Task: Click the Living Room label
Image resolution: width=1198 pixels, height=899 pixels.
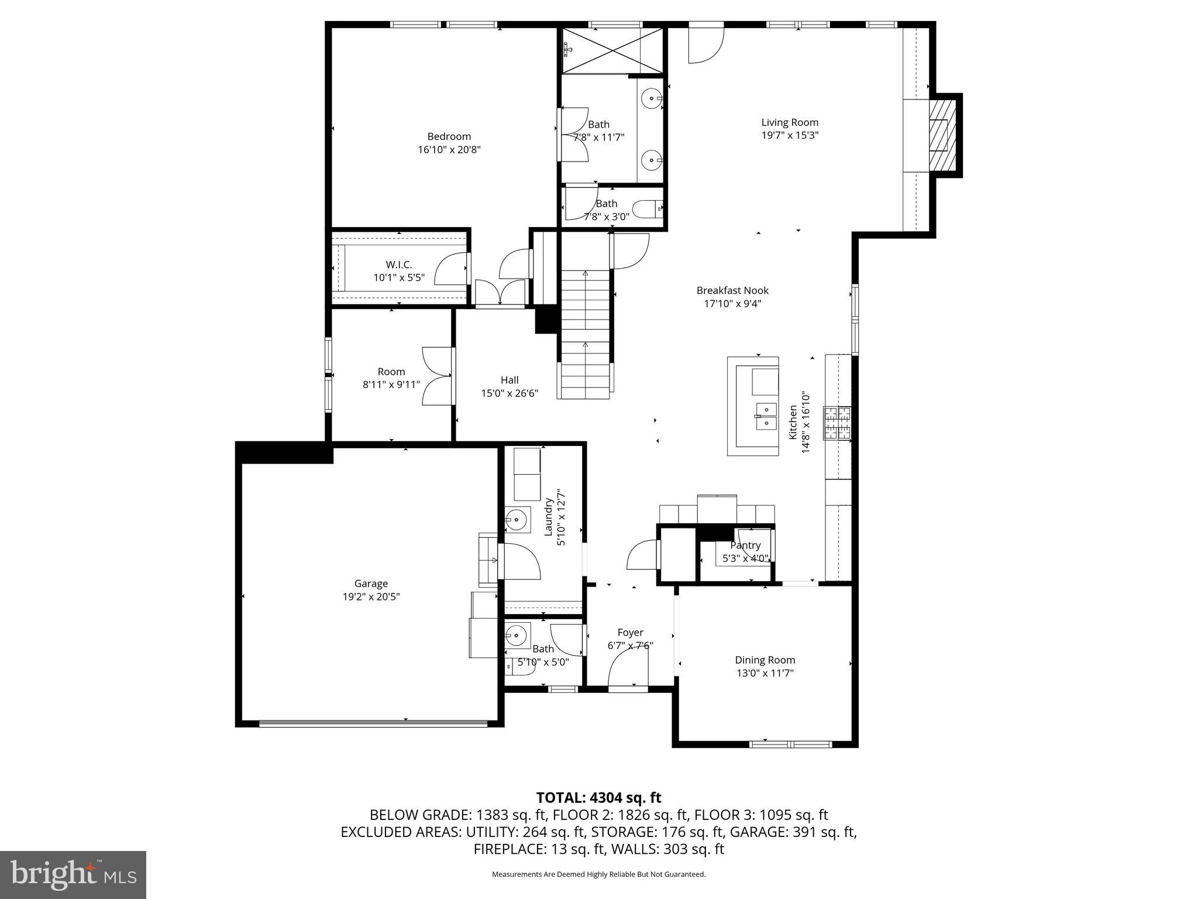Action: point(789,122)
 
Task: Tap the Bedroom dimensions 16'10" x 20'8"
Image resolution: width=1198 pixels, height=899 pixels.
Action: point(449,150)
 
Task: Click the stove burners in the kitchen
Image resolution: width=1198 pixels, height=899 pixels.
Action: point(837,423)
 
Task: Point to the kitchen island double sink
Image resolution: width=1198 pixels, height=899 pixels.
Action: point(765,416)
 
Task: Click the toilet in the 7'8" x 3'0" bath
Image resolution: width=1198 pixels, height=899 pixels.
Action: point(649,208)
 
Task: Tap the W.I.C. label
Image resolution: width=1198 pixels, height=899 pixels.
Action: point(398,265)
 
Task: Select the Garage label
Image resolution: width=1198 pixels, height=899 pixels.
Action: point(371,584)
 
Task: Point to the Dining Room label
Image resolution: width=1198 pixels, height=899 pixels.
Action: point(765,660)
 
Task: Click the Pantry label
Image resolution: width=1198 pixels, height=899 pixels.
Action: point(745,545)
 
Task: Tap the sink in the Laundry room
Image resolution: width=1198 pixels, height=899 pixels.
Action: point(517,519)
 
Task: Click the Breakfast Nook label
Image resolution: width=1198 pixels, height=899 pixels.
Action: point(732,290)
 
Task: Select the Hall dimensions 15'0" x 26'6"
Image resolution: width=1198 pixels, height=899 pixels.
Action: point(510,393)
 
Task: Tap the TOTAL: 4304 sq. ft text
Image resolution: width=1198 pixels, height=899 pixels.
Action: point(598,797)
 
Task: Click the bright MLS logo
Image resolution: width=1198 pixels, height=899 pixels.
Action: point(73,874)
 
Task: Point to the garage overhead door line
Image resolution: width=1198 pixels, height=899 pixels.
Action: point(373,723)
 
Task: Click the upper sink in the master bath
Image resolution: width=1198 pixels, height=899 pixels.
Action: point(652,99)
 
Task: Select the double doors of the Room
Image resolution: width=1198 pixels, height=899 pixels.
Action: point(437,376)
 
